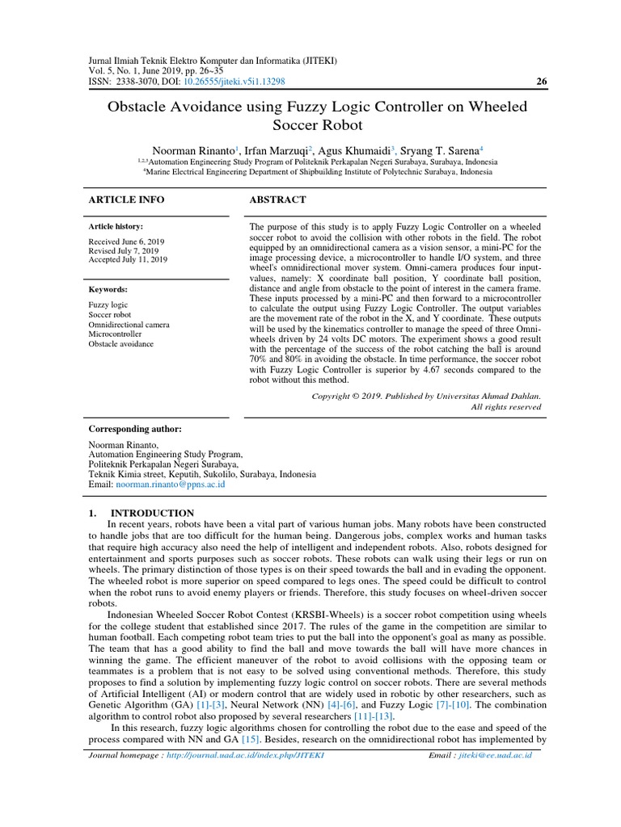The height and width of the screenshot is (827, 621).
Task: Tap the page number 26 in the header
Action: (x=541, y=82)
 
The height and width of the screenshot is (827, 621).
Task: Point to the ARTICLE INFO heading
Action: (x=125, y=199)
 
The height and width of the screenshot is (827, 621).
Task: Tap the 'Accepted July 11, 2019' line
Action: (x=127, y=260)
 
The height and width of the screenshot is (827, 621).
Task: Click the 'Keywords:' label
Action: (x=108, y=289)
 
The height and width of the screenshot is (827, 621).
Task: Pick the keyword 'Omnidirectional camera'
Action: (x=129, y=325)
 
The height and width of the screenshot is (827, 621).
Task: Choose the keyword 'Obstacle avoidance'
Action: (x=121, y=344)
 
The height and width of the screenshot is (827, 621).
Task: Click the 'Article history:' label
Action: (x=116, y=227)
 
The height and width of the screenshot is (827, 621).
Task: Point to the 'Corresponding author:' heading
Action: (x=134, y=428)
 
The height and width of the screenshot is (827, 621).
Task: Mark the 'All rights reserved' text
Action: (x=505, y=407)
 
